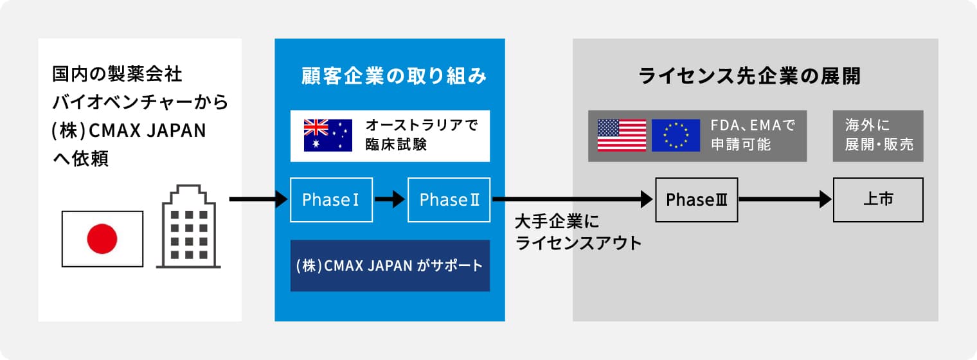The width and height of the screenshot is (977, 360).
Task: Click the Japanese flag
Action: click(102, 239)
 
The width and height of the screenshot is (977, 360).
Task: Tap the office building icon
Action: click(188, 226)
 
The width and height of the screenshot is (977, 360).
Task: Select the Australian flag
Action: click(328, 135)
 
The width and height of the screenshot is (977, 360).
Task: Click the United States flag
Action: click(622, 135)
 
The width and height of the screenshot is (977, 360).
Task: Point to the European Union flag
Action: click(676, 135)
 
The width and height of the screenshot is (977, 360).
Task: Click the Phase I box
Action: click(332, 200)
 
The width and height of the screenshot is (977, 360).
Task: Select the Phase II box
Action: click(449, 200)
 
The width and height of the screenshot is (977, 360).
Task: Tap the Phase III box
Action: click(697, 200)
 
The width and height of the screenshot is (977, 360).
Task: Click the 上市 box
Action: click(878, 200)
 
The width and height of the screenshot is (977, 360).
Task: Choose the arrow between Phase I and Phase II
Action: click(390, 199)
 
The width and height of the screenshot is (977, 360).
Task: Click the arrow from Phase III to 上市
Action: click(785, 199)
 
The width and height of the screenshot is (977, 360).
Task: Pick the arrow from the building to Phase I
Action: click(258, 199)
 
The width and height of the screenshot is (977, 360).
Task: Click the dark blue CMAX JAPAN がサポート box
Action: click(390, 265)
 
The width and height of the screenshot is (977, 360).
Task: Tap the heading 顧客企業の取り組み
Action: click(394, 76)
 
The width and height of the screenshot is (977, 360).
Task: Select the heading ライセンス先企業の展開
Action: click(749, 76)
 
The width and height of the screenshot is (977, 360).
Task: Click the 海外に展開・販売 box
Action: click(878, 136)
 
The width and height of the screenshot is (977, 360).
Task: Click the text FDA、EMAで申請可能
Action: click(753, 135)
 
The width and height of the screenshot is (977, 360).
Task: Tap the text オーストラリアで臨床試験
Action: click(422, 135)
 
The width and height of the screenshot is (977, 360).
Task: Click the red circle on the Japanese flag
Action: click(102, 239)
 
